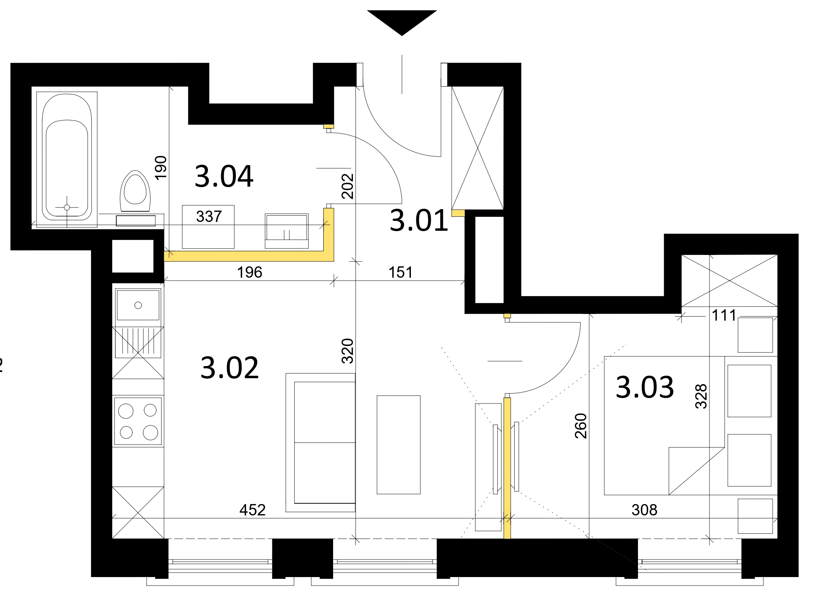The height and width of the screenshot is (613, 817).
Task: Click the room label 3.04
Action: tap(224, 176)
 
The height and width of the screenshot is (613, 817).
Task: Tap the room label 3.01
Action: tap(419, 220)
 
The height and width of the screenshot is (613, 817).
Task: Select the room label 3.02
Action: tap(229, 368)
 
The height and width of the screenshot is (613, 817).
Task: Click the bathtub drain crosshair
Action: tap(67, 208)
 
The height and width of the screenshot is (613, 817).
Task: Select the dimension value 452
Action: tap(253, 510)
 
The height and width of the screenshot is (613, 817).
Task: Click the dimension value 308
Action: tap(645, 510)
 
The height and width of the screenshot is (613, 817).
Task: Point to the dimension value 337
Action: tap(209, 216)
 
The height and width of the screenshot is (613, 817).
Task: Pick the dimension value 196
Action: tap(250, 272)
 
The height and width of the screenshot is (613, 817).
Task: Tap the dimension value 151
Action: tap(400, 272)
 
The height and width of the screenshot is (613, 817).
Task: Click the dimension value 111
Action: tap(724, 315)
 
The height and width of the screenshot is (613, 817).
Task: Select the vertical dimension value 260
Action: tap(581, 426)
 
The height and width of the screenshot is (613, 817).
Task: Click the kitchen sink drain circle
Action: tap(138, 305)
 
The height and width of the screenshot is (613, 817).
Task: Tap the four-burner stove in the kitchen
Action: tap(138, 421)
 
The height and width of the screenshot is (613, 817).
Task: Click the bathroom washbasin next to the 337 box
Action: tap(287, 231)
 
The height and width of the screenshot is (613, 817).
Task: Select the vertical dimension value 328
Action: tap(701, 396)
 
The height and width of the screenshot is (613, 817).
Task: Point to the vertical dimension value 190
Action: tap(161, 168)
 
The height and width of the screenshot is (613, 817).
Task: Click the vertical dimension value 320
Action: tap(347, 351)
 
